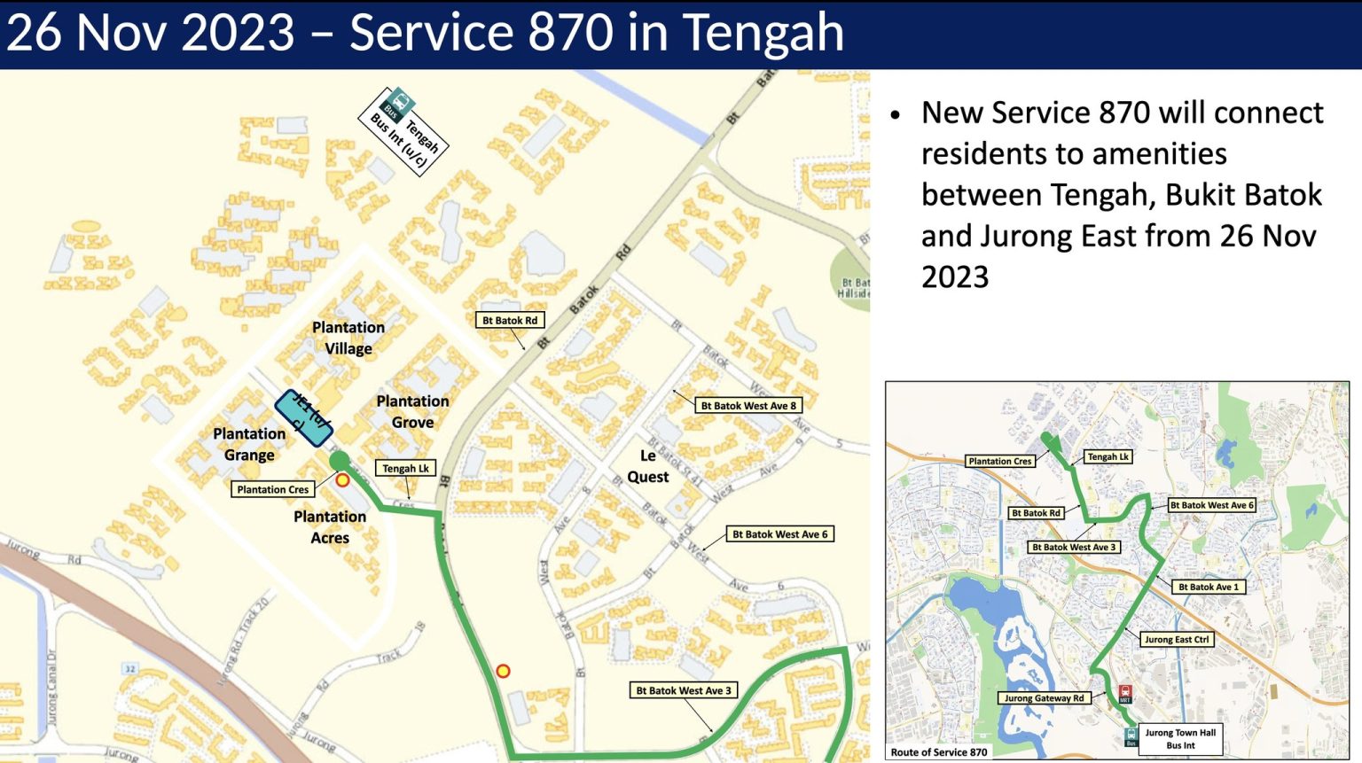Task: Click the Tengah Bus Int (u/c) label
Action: coord(404,130)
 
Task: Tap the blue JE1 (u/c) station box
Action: coord(304,417)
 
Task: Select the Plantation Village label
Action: coord(348,338)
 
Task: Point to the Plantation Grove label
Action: coord(412,412)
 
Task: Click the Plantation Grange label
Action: coord(249,444)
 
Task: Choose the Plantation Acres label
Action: coord(330,527)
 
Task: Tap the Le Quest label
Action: coord(648,466)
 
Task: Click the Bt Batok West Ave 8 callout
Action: coord(748,406)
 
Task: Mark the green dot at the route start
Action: coord(340,461)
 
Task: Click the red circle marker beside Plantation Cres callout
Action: coord(342,479)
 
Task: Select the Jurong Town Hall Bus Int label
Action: coord(1180,739)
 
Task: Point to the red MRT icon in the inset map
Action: coord(1125,693)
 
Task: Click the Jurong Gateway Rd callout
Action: coord(1044,698)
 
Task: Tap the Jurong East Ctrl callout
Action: coord(1177,639)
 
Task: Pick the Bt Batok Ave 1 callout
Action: coord(1209,587)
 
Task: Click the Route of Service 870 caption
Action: coord(938,752)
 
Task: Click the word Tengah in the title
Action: coord(763,34)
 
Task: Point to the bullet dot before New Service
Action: coord(896,115)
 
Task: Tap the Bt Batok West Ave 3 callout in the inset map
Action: coord(1074,548)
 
